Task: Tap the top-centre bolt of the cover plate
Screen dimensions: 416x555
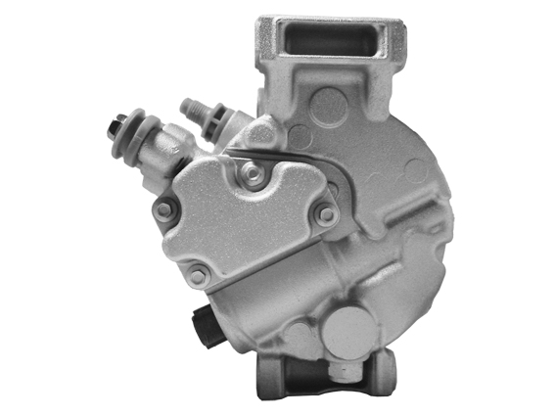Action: [x=254, y=174]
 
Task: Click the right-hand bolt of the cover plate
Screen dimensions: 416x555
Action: [x=327, y=212]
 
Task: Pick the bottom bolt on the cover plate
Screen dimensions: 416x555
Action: [x=198, y=277]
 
